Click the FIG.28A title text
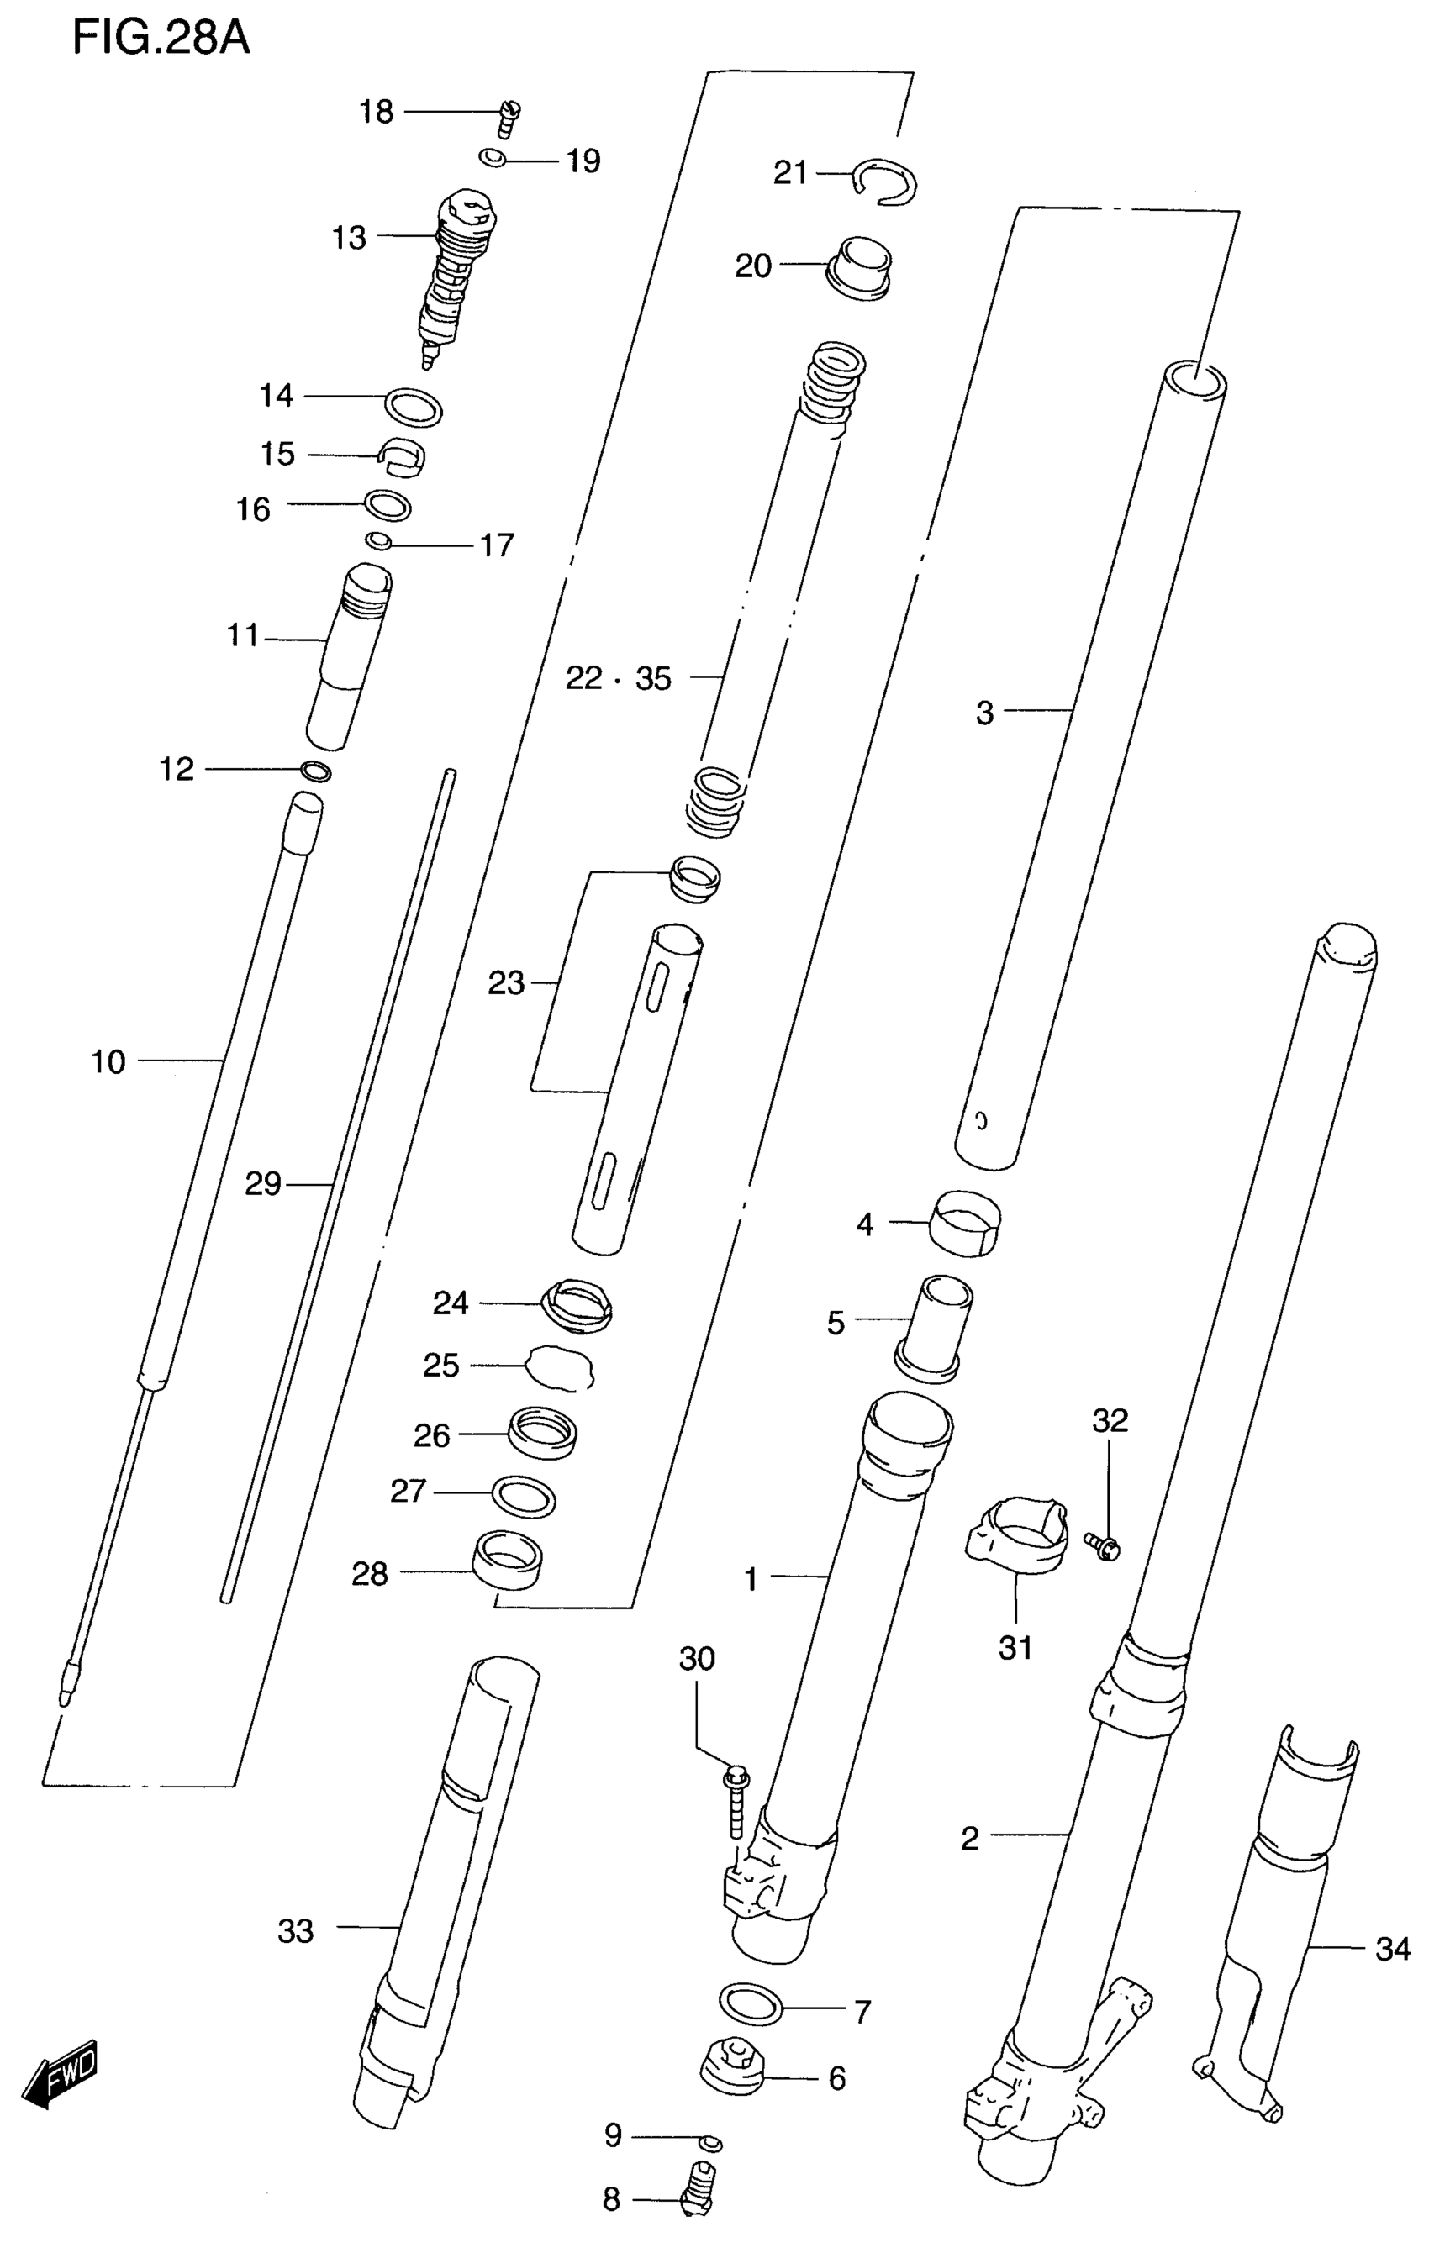pos(161,39)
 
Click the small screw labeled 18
pos(509,118)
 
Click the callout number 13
pos(349,239)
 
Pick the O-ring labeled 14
pos(413,406)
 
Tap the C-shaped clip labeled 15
pos(403,455)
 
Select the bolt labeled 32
pos(1104,1545)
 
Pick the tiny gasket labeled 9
pos(711,2143)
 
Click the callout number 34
pos(1393,1950)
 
